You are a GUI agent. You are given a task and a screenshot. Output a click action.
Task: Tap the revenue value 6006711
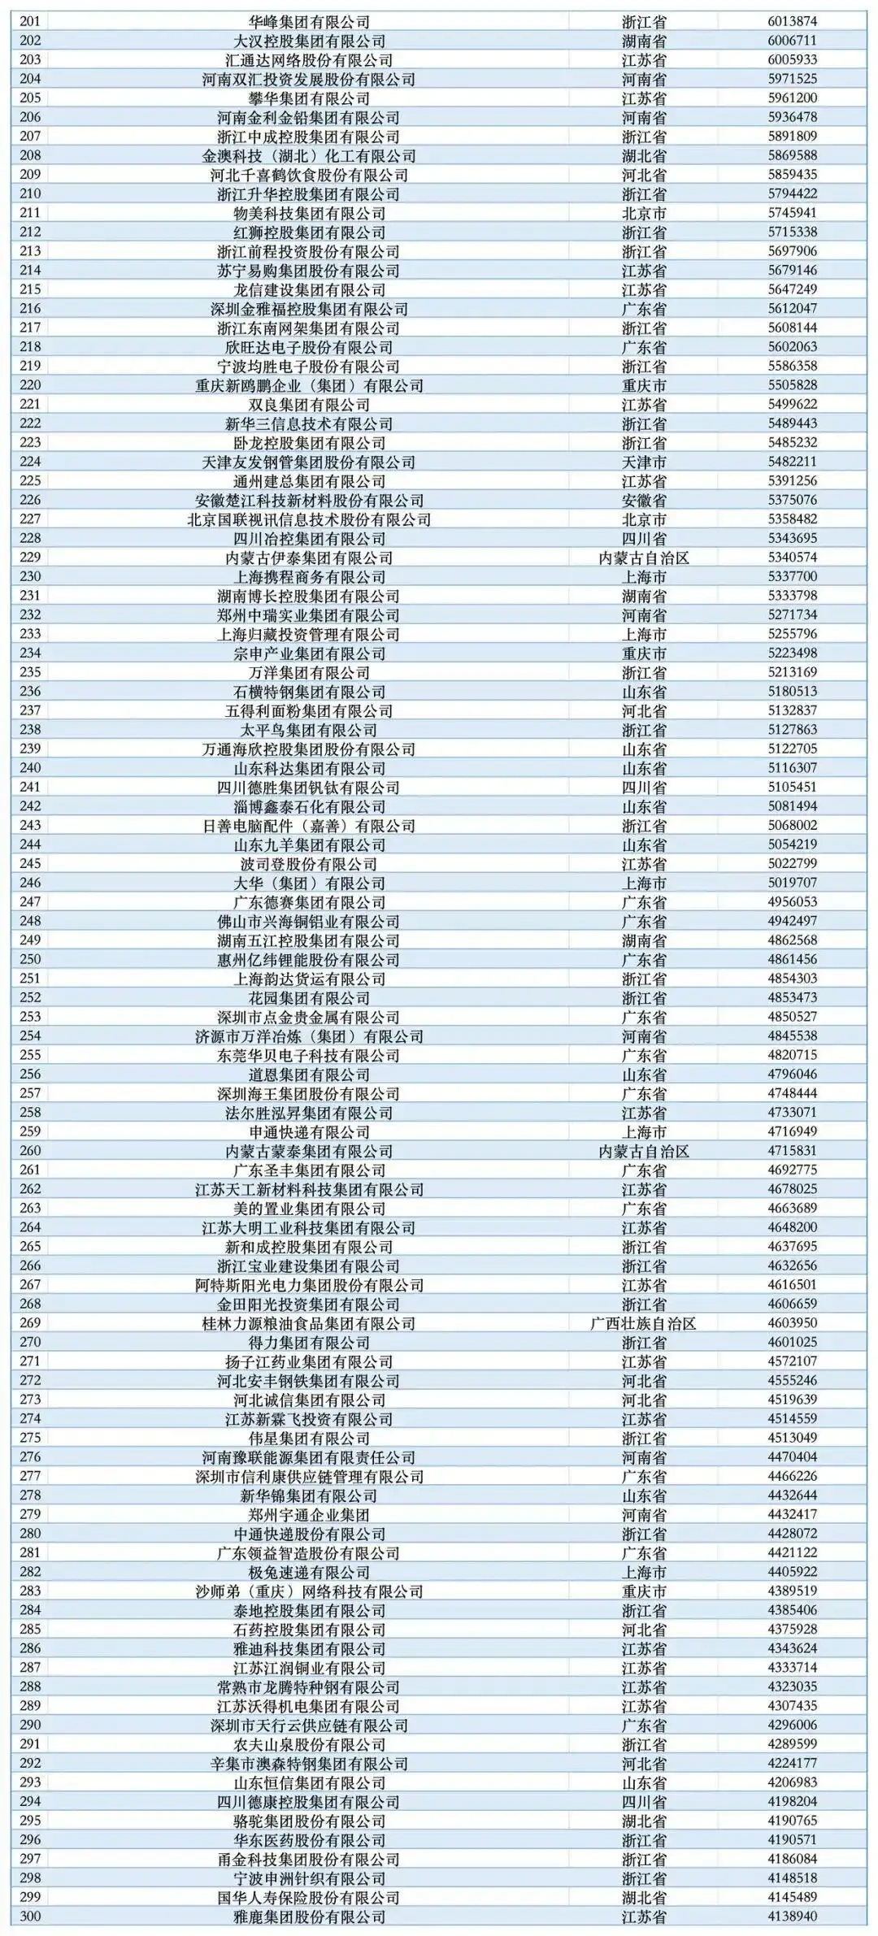[x=793, y=41]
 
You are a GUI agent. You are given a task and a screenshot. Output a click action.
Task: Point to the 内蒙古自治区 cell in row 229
[x=644, y=558]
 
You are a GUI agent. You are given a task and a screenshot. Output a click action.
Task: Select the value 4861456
[x=793, y=959]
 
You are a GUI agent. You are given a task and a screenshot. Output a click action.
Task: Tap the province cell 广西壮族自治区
[x=644, y=1323]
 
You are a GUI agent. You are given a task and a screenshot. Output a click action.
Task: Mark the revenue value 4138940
[x=793, y=1916]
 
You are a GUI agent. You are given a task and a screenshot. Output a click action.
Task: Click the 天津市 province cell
[x=644, y=462]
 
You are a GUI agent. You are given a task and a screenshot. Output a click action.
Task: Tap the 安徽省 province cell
[x=644, y=500]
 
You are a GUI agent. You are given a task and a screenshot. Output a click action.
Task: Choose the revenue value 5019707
[x=793, y=883]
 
